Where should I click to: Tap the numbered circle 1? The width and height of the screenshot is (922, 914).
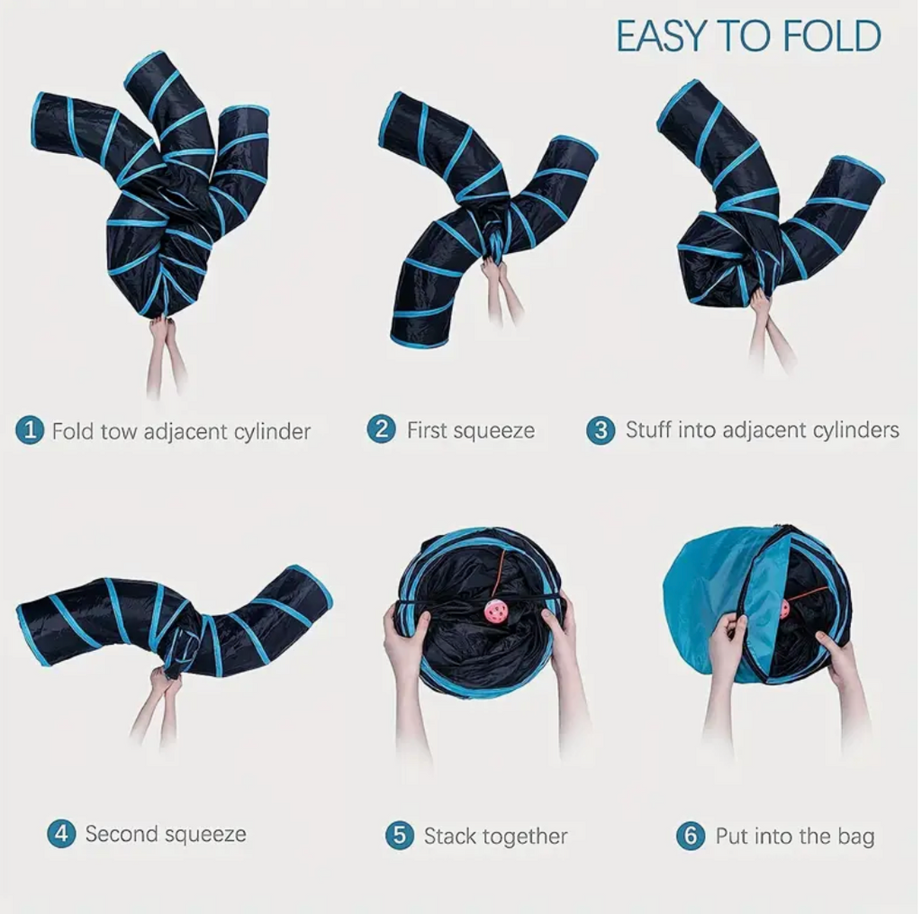30,430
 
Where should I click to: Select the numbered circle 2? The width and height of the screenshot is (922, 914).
381,430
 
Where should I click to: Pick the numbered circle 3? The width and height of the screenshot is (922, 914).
601,430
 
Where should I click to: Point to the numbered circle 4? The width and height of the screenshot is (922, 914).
61,834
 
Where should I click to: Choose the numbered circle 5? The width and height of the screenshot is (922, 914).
400,835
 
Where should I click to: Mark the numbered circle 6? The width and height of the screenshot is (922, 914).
691,835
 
